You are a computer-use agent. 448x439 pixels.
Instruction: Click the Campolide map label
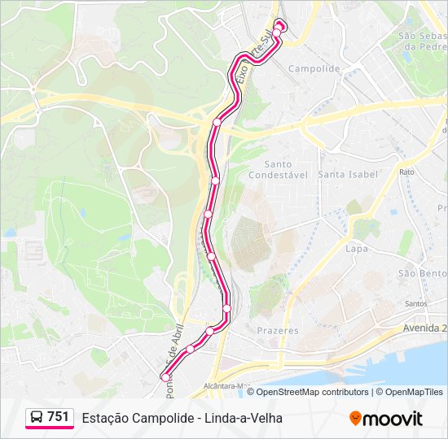[x=314, y=69]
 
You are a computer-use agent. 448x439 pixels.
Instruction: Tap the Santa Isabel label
[x=348, y=175]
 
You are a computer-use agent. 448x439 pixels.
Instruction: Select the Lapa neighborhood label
[x=357, y=249]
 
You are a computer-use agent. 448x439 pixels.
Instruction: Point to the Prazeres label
[x=278, y=331]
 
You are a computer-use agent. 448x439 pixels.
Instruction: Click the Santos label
[x=415, y=304]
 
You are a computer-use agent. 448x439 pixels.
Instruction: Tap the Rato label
[x=406, y=172]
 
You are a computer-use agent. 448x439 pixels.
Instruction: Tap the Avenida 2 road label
[x=424, y=328]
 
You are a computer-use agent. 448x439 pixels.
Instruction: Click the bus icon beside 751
[x=36, y=417]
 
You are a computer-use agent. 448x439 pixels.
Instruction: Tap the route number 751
[x=58, y=417]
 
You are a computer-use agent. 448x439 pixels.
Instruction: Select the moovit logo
[x=386, y=419]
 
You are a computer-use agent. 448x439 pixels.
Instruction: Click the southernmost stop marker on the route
[x=165, y=377]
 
